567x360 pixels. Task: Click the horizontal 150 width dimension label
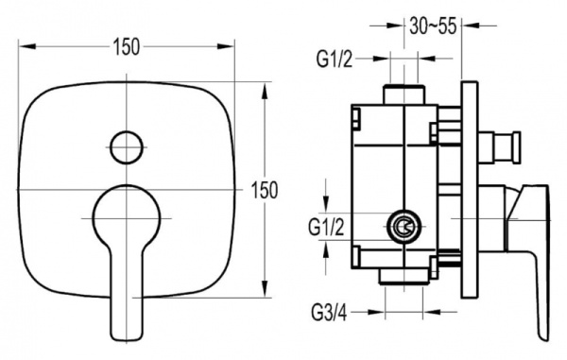pos(127,47)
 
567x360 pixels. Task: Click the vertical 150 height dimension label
pos(265,190)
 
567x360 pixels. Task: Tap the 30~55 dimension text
pos(433,26)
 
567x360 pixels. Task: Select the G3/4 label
pos(329,313)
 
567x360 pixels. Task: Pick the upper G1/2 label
pos(335,59)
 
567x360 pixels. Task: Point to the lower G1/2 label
pos(326,228)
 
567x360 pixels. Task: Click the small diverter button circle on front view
pos(127,147)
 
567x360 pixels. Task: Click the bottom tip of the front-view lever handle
pos(127,340)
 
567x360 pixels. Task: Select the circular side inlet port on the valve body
pos(404,227)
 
